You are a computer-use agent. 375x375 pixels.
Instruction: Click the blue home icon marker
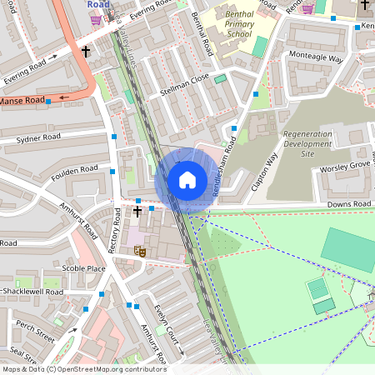[187, 180]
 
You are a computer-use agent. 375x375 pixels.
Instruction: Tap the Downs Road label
[348, 203]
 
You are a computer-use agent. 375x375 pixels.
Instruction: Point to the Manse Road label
[22, 101]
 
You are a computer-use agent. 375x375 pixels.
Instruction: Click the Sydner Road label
[37, 137]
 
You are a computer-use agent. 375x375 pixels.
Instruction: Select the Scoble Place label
[83, 268]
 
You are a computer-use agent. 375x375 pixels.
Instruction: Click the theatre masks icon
[140, 250]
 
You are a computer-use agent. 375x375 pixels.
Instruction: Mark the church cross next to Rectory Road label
[137, 212]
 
